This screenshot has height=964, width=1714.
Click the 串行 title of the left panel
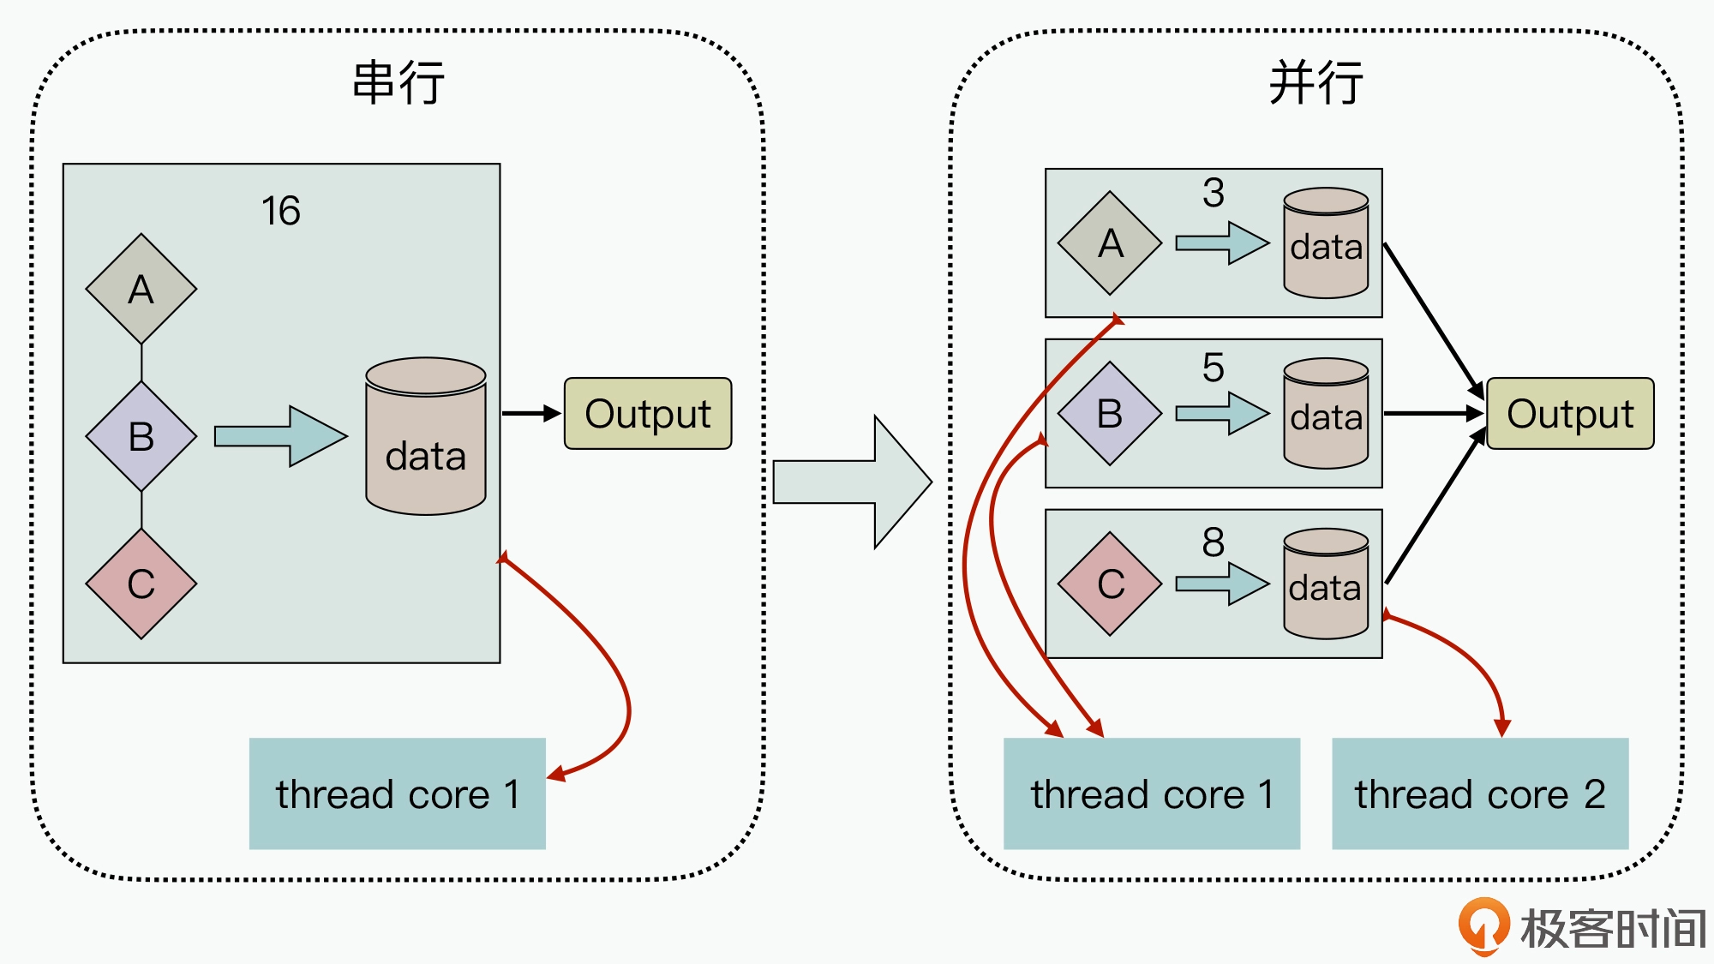pyautogui.click(x=399, y=83)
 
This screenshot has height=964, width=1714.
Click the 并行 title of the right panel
pyautogui.click(x=1315, y=83)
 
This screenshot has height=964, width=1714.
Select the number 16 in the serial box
pyautogui.click(x=281, y=211)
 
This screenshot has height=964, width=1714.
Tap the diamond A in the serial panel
pyautogui.click(x=141, y=290)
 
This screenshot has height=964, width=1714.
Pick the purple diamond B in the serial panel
pyautogui.click(x=141, y=437)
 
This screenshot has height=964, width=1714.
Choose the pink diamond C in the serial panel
pyautogui.click(x=141, y=584)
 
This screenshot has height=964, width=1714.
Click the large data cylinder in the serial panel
pyautogui.click(x=426, y=437)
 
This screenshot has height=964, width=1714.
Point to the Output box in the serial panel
pyautogui.click(x=648, y=414)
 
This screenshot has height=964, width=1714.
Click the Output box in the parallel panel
pyautogui.click(x=1570, y=414)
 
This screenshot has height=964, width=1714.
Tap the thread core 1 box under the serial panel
pyautogui.click(x=398, y=793)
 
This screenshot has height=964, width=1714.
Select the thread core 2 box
pyautogui.click(x=1480, y=793)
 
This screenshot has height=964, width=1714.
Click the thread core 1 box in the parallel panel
pyautogui.click(x=1152, y=793)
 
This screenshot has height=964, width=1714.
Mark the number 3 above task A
pyautogui.click(x=1214, y=193)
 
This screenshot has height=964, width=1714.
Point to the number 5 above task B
pyautogui.click(x=1214, y=368)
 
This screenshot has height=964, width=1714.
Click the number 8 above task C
pyautogui.click(x=1214, y=542)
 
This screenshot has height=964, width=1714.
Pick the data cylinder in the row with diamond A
pyautogui.click(x=1326, y=243)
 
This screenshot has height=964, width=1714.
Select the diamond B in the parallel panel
pyautogui.click(x=1110, y=414)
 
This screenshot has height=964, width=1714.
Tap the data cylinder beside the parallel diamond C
pyautogui.click(x=1326, y=584)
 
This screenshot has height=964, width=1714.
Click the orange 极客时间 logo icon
pyautogui.click(x=1483, y=926)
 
